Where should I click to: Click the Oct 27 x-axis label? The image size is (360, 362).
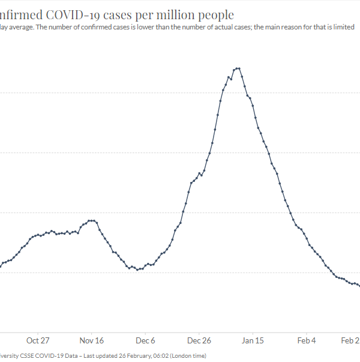coord(37,340)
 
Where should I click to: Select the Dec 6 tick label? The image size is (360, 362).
coord(145,340)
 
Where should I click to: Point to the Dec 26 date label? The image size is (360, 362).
coord(199,340)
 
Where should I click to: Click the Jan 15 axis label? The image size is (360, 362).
coord(253,340)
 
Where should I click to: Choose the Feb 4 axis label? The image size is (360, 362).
coord(307,340)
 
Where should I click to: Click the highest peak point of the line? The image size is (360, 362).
coord(239,68)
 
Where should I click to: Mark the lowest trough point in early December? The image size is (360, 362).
coord(137,270)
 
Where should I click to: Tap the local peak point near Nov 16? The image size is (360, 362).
coord(91,220)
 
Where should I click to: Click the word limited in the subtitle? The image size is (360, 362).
coord(344,27)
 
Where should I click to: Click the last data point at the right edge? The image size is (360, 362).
coord(359,286)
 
